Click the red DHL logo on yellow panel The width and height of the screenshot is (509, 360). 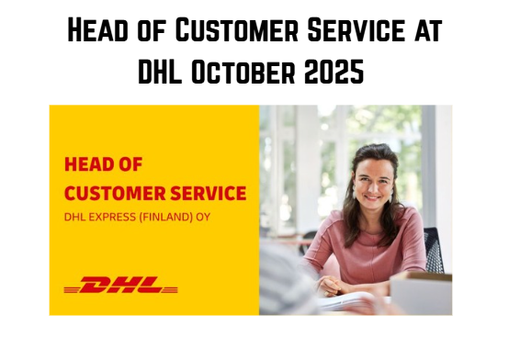point(120,286)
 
